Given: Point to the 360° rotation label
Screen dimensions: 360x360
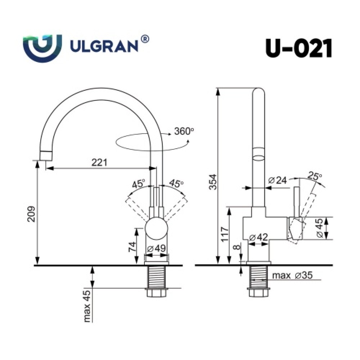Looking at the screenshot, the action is click(x=184, y=131).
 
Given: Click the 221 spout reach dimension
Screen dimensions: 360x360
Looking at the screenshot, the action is click(x=99, y=163).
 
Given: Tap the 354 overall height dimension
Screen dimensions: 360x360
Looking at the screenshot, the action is click(x=213, y=182).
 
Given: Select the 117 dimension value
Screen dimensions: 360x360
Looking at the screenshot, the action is click(x=225, y=234).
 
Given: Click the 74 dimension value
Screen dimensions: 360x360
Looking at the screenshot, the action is click(x=132, y=247).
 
